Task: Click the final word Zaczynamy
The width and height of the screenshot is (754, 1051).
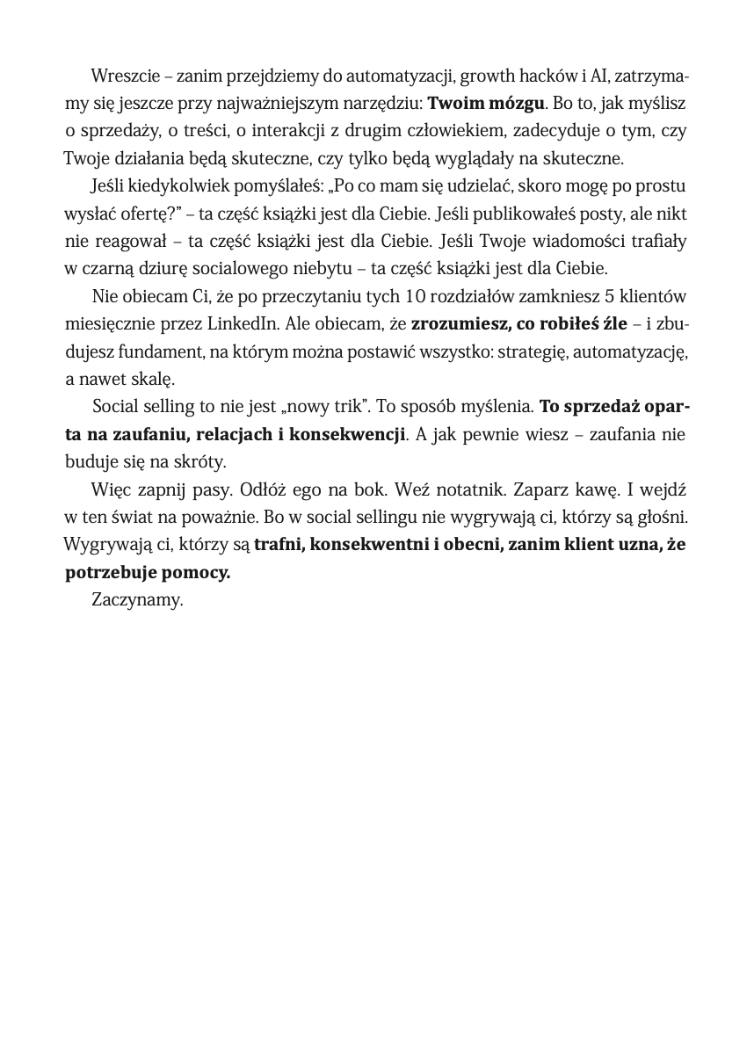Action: [136, 601]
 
